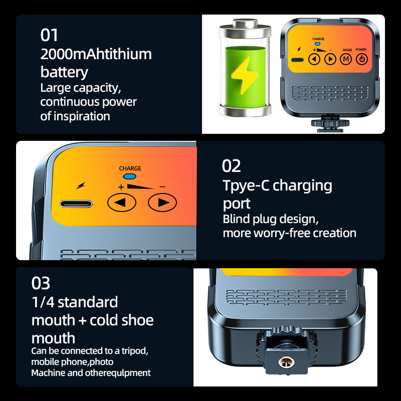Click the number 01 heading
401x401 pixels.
point(49,35)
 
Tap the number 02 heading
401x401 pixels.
point(232,166)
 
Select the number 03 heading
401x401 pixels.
point(41,283)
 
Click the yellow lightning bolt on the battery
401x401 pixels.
point(244,76)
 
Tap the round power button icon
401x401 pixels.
point(362,59)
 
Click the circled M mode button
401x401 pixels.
point(346,59)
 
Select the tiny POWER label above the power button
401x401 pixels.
point(361,49)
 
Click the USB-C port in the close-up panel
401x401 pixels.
point(76,204)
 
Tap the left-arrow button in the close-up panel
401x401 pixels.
point(121,203)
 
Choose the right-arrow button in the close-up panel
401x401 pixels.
point(162,203)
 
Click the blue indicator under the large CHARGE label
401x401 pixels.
point(130,176)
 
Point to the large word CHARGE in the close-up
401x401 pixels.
point(130,168)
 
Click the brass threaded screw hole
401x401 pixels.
point(284,361)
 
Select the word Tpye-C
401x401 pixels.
point(246,185)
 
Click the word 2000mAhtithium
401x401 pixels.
point(96,54)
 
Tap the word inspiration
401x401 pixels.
point(82,116)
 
